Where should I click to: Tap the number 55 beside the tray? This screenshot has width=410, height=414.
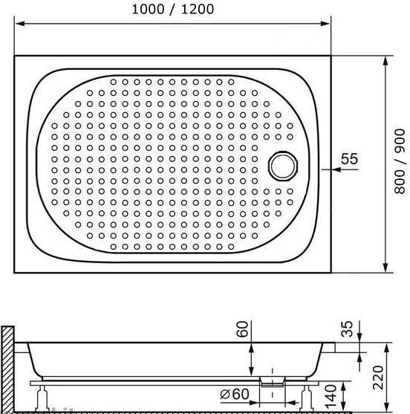coord(349,159)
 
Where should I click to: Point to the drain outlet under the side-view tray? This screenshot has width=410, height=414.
coord(271,381)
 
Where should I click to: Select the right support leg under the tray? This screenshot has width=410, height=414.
coord(309,395)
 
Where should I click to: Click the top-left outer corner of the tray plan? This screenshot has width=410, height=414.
coord(14,56)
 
